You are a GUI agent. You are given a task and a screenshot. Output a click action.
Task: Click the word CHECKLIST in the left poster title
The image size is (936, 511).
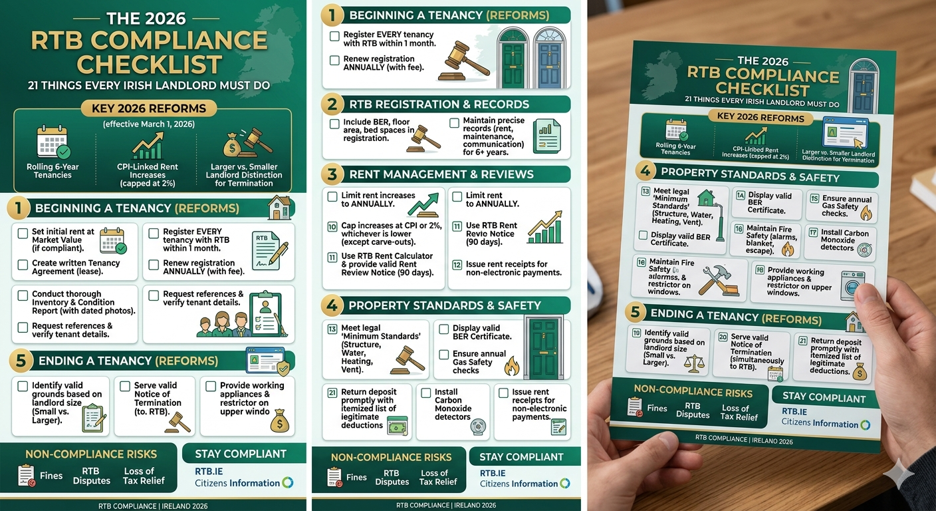(x=149, y=64)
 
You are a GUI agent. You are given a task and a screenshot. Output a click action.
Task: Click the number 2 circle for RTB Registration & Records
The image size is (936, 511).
(x=332, y=104)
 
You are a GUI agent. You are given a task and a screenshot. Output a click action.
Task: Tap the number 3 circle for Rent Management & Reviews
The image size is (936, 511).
(x=332, y=174)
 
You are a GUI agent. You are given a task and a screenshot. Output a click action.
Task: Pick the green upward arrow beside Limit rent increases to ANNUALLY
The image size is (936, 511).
(x=423, y=204)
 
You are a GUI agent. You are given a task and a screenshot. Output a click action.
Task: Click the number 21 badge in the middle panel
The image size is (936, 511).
(x=332, y=393)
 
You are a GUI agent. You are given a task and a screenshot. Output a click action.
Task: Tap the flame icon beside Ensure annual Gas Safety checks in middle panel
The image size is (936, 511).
(x=511, y=365)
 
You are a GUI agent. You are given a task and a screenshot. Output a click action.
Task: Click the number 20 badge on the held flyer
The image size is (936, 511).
(x=723, y=337)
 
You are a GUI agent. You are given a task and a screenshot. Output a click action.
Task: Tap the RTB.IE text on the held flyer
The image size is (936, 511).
(x=796, y=411)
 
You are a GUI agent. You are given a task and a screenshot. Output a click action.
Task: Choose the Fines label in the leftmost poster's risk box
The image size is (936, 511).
(x=51, y=476)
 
